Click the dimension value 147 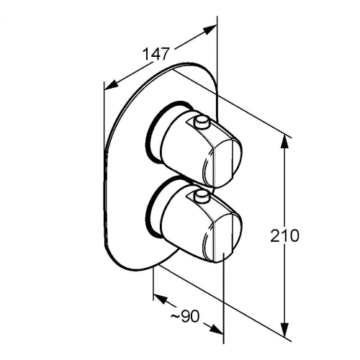tap(156, 54)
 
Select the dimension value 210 tap(285, 235)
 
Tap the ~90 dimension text tap(185, 316)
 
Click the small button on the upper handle tap(202, 122)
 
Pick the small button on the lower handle tap(202, 196)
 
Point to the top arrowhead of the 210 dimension tap(285, 142)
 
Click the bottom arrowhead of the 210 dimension tap(285, 330)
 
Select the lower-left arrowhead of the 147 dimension tap(112, 85)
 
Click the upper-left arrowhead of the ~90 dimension tap(160, 299)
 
